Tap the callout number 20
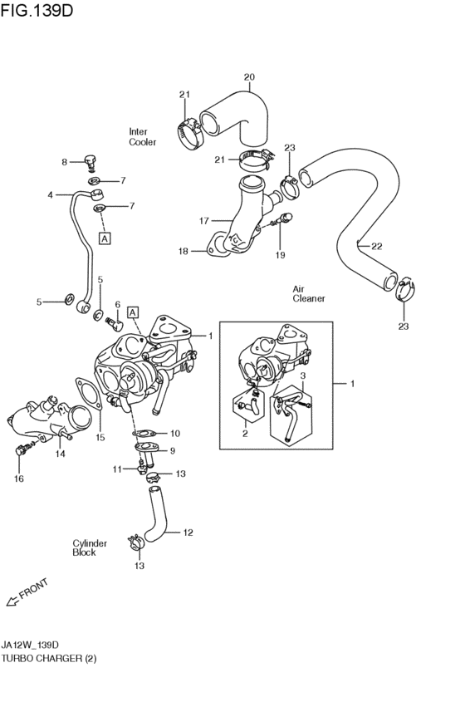249,77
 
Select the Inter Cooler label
142,137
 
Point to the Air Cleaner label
308,293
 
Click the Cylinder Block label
90,547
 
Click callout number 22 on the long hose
376,246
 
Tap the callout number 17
203,221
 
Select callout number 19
280,255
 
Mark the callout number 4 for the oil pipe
50,195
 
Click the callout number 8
64,162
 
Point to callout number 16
19,479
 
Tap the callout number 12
188,532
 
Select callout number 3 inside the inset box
303,376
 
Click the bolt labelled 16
22,452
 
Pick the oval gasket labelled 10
144,433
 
